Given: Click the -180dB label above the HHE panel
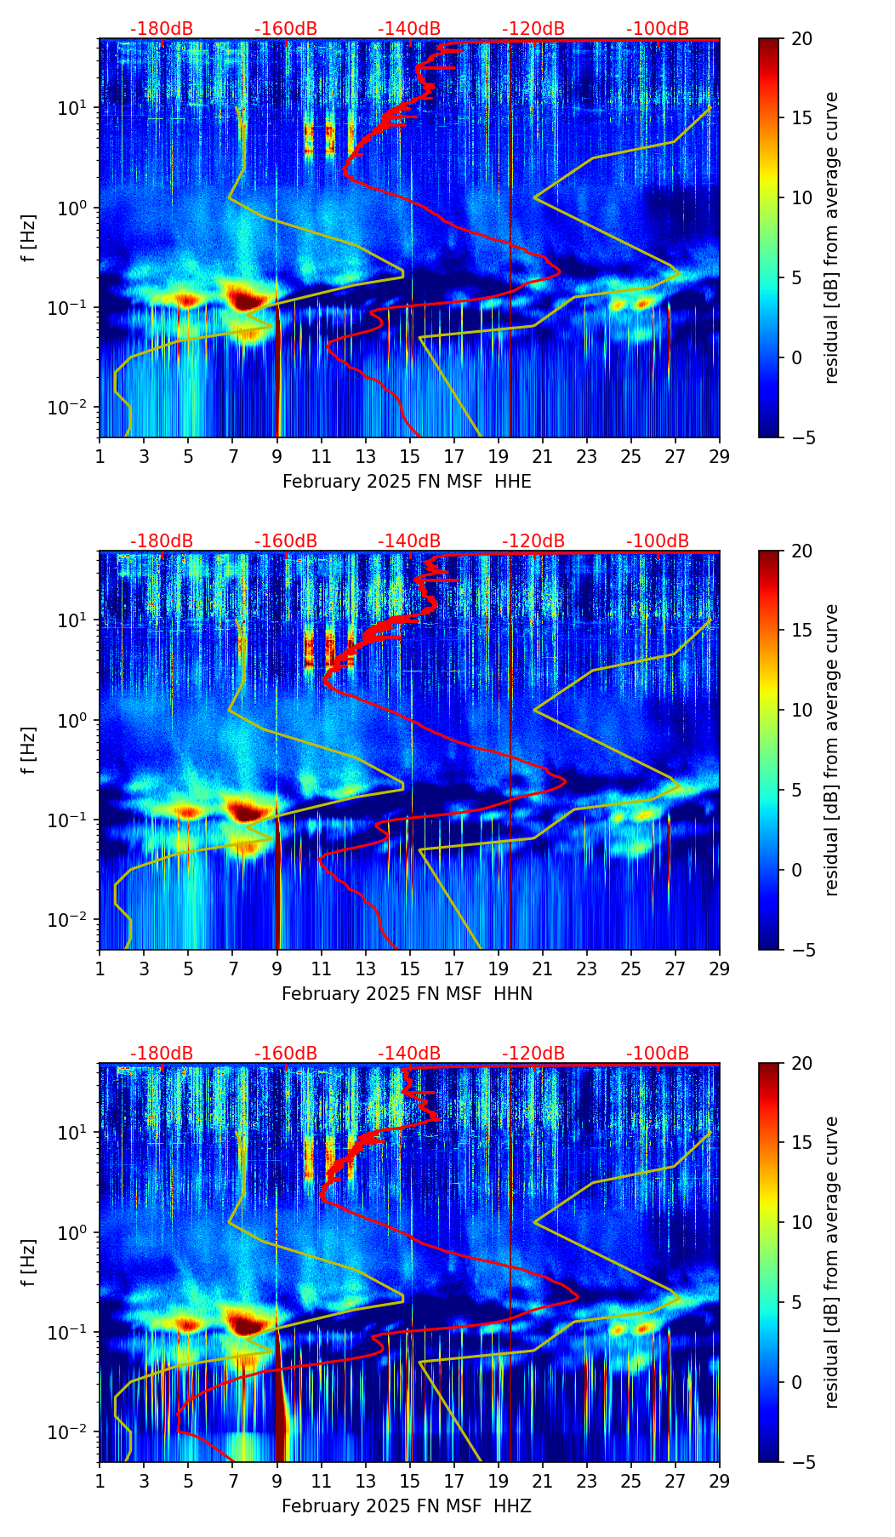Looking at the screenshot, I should pos(162,29).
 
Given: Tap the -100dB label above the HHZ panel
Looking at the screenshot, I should pos(658,1054).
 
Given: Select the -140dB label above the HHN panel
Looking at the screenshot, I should pos(409,541).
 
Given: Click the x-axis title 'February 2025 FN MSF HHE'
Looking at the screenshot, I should pos(407,482).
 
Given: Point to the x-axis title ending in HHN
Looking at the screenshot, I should pos(407,994).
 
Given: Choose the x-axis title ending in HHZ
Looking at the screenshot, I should pos(407,1506).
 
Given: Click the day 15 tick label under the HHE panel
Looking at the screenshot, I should pos(410,456).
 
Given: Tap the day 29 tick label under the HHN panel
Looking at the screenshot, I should pos(719,968).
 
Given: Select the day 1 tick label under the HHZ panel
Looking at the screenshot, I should pos(100,1481).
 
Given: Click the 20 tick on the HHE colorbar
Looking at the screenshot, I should pos(801,39).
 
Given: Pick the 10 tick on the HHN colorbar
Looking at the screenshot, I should pos(801,710).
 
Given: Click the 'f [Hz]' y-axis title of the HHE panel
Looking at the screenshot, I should pos(29,238).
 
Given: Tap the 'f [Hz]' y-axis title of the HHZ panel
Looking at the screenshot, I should pos(29,1263).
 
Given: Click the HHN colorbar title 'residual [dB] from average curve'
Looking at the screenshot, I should pos(832,750).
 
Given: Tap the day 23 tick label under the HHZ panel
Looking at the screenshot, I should pos(586,1481).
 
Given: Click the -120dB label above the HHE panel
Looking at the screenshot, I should pos(533,29).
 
